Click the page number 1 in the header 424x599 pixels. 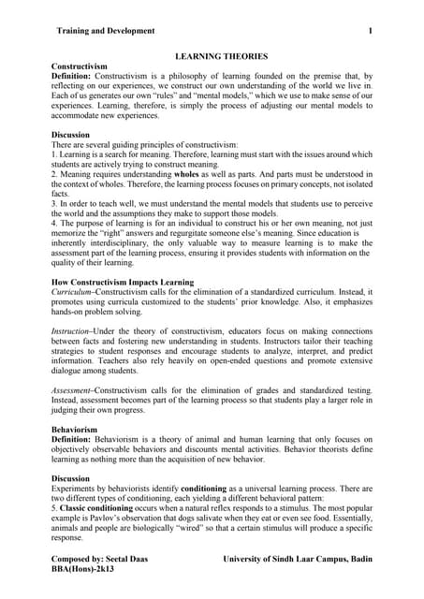coord(371,31)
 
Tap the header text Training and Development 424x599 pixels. coord(105,31)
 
